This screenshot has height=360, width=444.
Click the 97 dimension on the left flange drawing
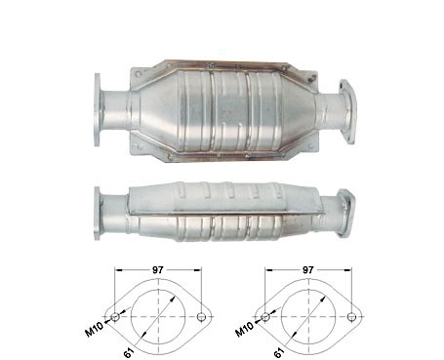(158, 270)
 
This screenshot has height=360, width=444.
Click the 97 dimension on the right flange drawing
(308, 270)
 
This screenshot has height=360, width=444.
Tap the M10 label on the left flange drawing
(95, 329)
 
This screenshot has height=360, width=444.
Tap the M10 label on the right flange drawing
(244, 329)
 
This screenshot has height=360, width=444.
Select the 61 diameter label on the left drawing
(129, 353)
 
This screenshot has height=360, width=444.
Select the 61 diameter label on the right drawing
(279, 353)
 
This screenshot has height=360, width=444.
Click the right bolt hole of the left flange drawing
(201, 316)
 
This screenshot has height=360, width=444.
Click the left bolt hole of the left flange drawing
(115, 316)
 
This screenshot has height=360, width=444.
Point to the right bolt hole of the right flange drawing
(351, 316)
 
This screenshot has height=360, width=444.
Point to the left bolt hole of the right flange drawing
(265, 316)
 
